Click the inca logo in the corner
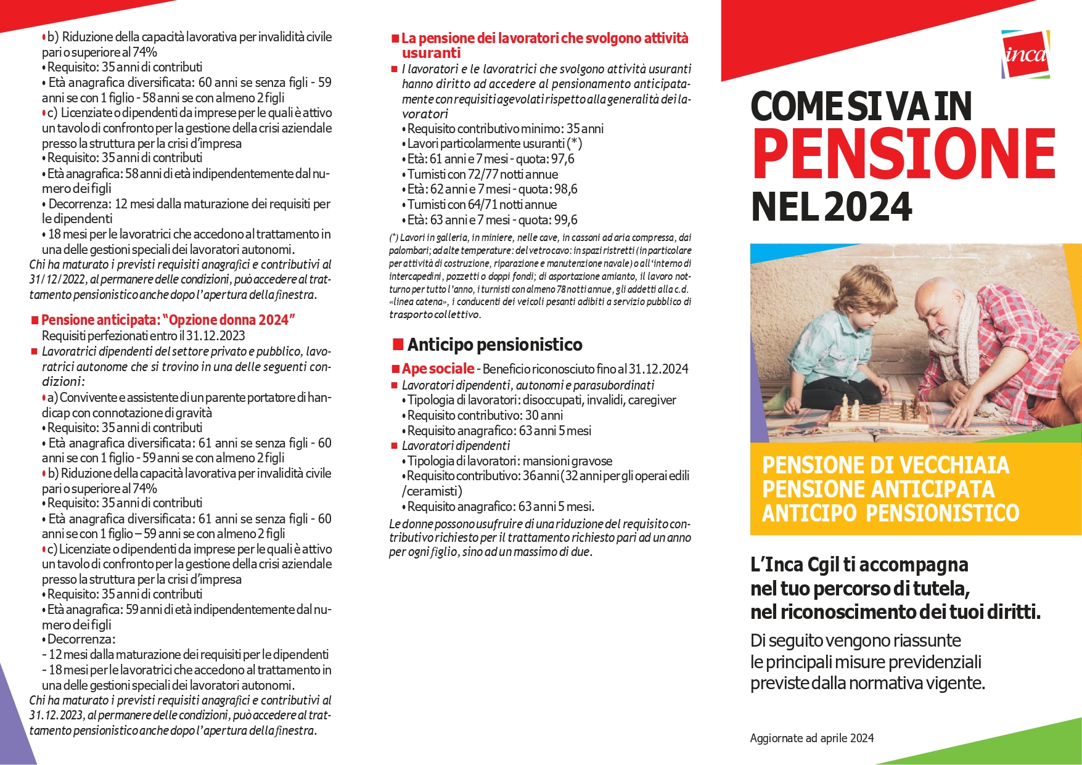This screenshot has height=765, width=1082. click(1025, 55)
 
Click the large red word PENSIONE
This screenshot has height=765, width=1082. click(904, 154)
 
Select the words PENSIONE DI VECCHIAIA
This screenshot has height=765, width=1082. click(885, 465)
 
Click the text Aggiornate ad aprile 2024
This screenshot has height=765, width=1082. click(811, 738)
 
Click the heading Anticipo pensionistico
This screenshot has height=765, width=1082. click(494, 345)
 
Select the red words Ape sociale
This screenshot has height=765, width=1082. click(438, 369)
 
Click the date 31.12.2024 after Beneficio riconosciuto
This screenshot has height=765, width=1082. click(658, 369)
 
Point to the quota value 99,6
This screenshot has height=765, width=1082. click(565, 220)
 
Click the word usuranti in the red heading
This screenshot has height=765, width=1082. click(431, 53)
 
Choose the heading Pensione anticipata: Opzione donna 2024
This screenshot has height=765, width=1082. click(168, 320)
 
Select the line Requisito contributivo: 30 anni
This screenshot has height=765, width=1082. click(485, 415)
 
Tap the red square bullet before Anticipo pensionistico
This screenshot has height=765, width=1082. click(398, 344)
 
